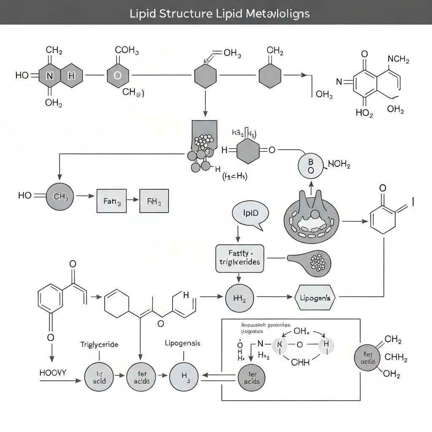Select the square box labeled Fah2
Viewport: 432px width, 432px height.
111,200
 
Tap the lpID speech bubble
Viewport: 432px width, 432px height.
250,213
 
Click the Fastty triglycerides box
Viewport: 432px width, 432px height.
240,258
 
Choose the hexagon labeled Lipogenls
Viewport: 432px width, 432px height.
315,297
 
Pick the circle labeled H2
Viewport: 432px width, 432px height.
240,297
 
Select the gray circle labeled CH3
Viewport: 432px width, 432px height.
59,197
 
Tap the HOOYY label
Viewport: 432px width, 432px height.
53,373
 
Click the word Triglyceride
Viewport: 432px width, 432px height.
99,344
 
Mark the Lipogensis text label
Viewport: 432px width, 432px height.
182,343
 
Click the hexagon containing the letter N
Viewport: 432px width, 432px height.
49,76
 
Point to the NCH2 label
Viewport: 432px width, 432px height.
398,59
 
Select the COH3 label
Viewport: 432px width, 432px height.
127,50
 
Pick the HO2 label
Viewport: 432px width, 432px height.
364,113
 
